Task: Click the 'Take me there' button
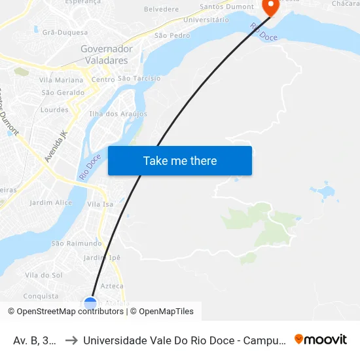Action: pos(180,161)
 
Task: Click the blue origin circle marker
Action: pos(90,304)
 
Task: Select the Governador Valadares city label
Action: pos(106,54)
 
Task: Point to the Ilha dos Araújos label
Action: pos(118,114)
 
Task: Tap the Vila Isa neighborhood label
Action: pos(100,204)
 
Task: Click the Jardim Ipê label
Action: pos(102,257)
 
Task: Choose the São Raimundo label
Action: pos(77,243)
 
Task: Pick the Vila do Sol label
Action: pos(43,275)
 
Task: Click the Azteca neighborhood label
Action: pos(112,286)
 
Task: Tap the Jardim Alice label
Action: pos(50,203)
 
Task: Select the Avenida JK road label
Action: pos(56,146)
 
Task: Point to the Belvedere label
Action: pos(161,9)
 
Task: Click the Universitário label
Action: pos(206,20)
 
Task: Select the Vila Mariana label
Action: pos(62,81)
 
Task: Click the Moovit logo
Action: pos(321,340)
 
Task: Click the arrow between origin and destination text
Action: pos(71,340)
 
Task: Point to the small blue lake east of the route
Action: pos(322,192)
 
